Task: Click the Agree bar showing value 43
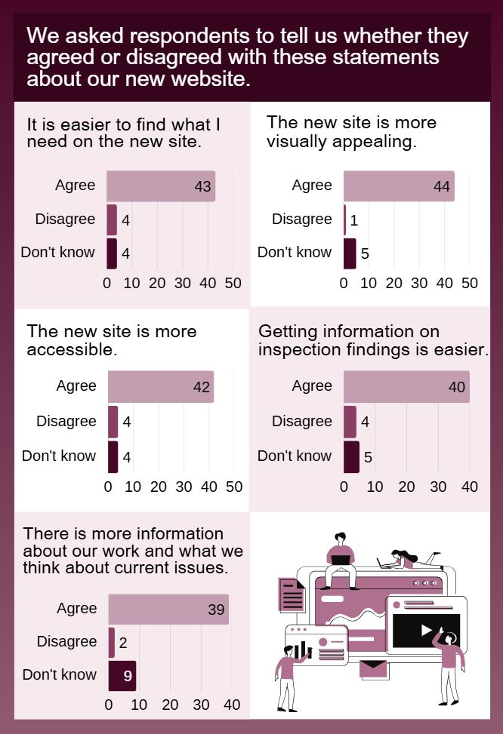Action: click(x=160, y=186)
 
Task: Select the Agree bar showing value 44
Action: click(x=398, y=186)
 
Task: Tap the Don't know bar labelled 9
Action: click(x=122, y=675)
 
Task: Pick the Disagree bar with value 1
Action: click(x=345, y=220)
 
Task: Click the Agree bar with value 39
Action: click(x=168, y=610)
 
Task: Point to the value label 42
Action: click(x=201, y=387)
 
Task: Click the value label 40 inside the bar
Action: click(x=456, y=387)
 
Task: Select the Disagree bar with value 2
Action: click(x=112, y=642)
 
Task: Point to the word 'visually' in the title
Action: click(x=298, y=141)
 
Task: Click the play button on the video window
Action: click(x=426, y=629)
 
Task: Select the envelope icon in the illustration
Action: click(x=372, y=668)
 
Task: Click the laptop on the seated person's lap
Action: click(x=341, y=559)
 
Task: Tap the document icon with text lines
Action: click(x=292, y=595)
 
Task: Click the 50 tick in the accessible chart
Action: click(x=234, y=487)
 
